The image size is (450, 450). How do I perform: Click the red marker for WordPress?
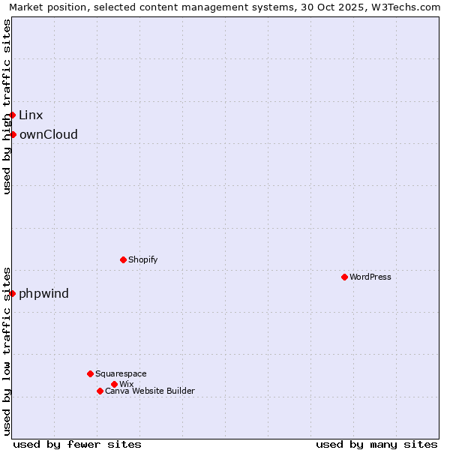pos(344,277)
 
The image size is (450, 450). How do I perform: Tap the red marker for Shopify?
pos(123,259)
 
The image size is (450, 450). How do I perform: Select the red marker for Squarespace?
pos(90,373)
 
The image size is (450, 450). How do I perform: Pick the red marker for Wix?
pos(114,384)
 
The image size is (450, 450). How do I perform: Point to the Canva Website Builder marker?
pos(100,391)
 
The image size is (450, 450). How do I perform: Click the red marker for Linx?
pos(13,115)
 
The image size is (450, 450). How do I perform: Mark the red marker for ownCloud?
pos(13,134)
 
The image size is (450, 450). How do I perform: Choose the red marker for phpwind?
pos(13,293)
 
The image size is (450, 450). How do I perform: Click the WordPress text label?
pos(370,277)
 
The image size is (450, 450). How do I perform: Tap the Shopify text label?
pos(142,259)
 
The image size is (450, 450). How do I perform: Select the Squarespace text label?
pos(121,373)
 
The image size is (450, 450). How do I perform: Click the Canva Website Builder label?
pos(150,391)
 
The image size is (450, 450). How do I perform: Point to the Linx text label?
pos(31,115)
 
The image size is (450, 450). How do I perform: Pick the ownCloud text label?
pos(49,134)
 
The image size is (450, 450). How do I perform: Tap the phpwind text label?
pos(44,293)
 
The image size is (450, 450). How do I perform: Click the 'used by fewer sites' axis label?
pos(77,444)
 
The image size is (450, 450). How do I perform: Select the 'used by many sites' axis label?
pos(376,444)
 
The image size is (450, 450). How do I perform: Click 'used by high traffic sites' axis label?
pos(7,106)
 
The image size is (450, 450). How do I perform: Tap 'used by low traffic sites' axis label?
pos(7,350)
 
